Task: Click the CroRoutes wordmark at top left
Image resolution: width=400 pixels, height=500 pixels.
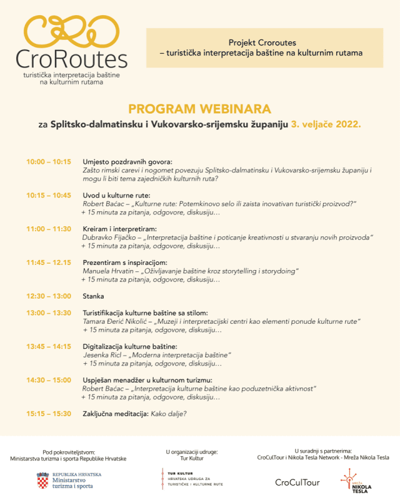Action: pos(72,59)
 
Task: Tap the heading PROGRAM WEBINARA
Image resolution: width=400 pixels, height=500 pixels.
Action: pos(199,109)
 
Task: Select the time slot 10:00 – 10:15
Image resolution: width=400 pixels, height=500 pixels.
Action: pos(49,161)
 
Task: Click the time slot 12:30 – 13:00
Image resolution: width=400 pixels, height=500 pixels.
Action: pos(49,296)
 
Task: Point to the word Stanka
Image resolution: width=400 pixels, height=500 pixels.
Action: pos(93,296)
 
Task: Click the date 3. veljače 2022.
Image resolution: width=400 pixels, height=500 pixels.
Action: pos(326,124)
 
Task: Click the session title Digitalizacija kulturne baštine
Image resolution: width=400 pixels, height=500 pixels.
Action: pos(130,346)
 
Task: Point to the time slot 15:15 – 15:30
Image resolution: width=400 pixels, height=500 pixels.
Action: pos(49,414)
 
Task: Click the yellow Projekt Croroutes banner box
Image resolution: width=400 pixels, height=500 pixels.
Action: pos(264,47)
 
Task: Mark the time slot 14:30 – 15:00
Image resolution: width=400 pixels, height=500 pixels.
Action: pos(49,380)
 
